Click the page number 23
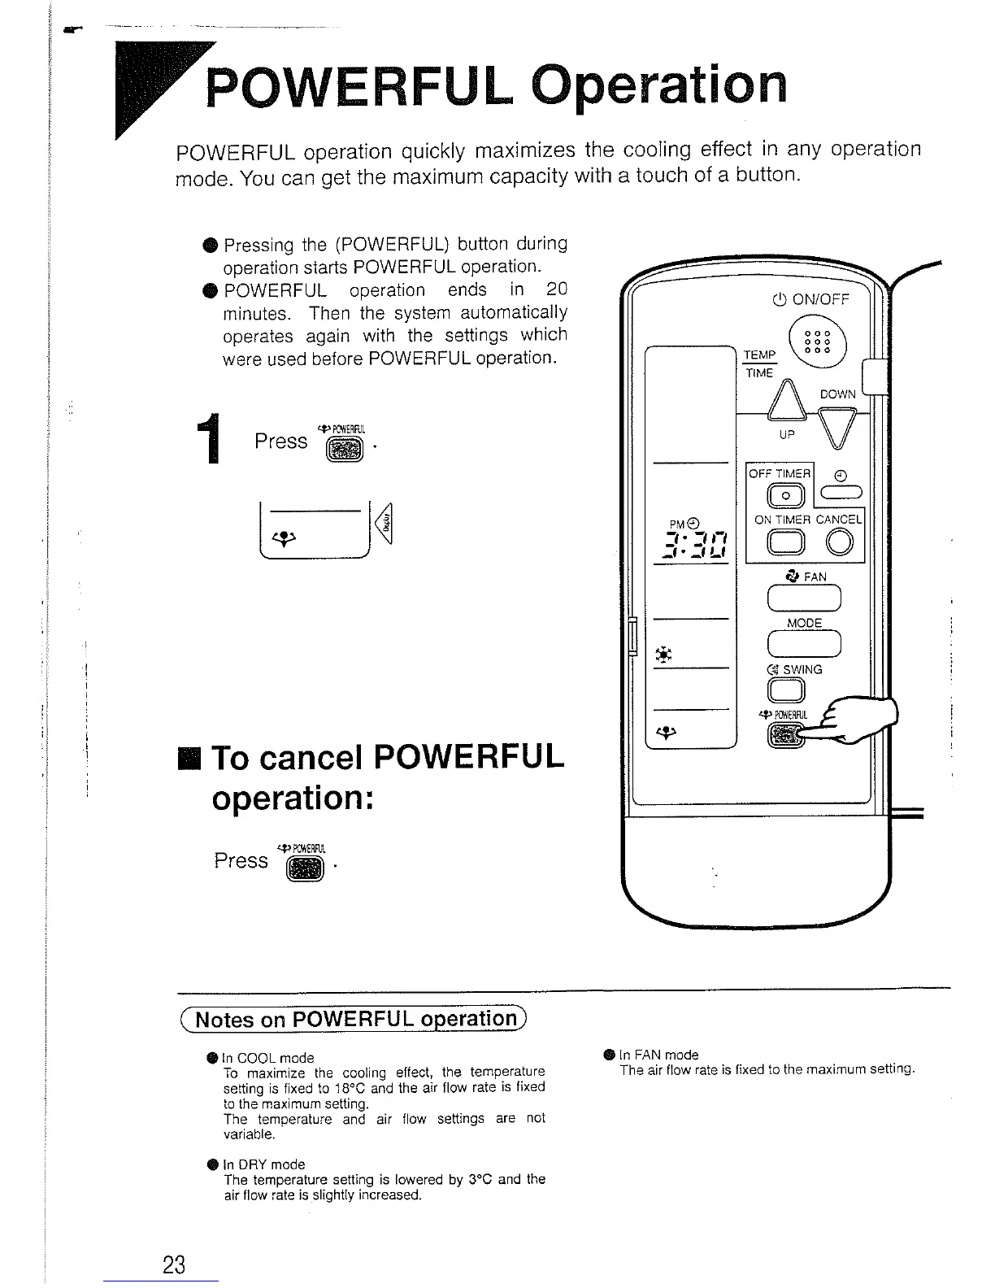[174, 1265]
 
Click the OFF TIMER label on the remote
[780, 474]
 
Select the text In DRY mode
[263, 1164]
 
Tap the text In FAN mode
[658, 1055]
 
